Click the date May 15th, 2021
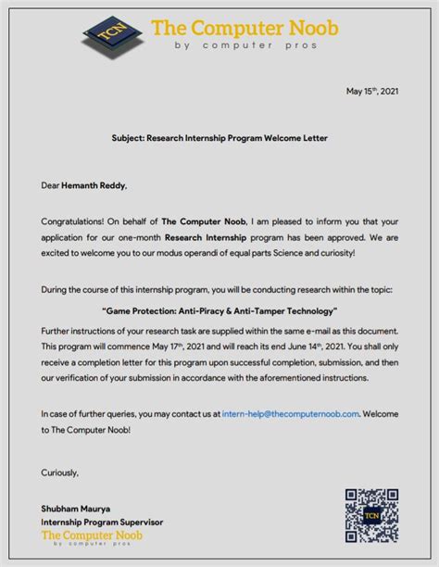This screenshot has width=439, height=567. coord(372,92)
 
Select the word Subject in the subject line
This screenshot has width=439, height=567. coord(130,138)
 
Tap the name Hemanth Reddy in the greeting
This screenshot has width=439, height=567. coord(94,185)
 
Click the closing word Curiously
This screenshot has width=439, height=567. coord(60,472)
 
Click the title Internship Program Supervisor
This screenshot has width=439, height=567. coord(102,523)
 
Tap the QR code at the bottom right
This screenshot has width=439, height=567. coord(371,515)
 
